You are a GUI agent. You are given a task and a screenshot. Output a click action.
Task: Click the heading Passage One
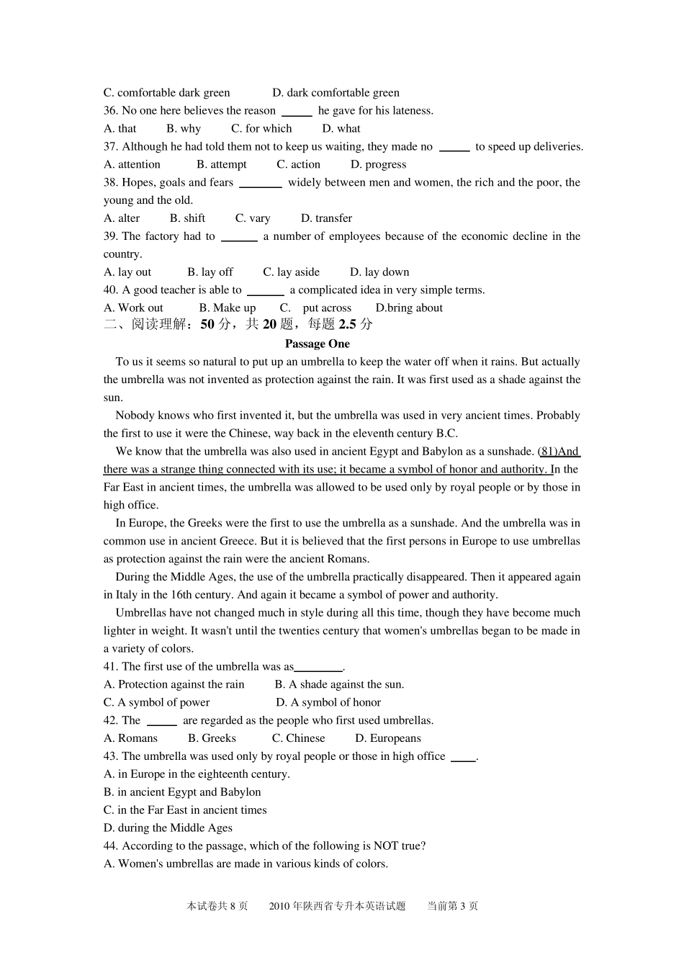pyautogui.click(x=317, y=344)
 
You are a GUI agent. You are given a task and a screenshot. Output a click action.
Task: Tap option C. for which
pyautogui.click(x=261, y=129)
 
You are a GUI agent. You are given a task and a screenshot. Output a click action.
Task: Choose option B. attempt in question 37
pyautogui.click(x=221, y=165)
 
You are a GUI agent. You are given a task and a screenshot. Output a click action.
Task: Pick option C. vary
pyautogui.click(x=253, y=218)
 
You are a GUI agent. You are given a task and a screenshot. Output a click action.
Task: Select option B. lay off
pyautogui.click(x=210, y=272)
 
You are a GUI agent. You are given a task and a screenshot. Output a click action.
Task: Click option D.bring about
pyautogui.click(x=409, y=308)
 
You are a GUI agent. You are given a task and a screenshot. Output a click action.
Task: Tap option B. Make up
pyautogui.click(x=227, y=308)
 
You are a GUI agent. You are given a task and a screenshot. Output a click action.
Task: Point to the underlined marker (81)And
pyautogui.click(x=559, y=452)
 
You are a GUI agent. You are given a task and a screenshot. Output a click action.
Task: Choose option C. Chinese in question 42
pyautogui.click(x=298, y=738)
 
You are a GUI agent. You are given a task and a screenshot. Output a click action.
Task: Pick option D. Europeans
pyautogui.click(x=388, y=738)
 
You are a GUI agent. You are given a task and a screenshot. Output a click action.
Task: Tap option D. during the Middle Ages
pyautogui.click(x=168, y=828)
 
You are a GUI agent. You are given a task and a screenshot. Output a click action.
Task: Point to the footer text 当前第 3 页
pyautogui.click(x=452, y=906)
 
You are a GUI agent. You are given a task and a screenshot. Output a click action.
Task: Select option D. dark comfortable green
pyautogui.click(x=336, y=93)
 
